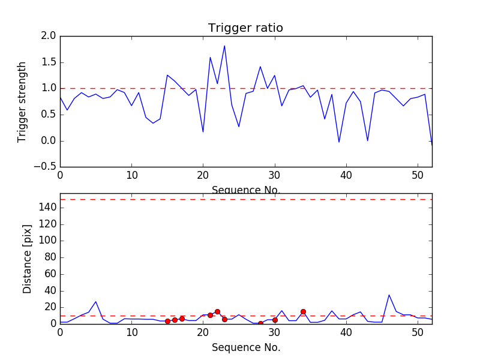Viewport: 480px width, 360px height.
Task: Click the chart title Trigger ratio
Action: tap(245, 28)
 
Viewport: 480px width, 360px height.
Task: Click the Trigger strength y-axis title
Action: tap(22, 101)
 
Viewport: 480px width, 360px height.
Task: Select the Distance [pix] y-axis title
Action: tap(27, 259)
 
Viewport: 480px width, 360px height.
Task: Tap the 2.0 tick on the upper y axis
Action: tap(49, 36)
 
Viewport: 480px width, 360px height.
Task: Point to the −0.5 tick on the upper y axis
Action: tap(46, 167)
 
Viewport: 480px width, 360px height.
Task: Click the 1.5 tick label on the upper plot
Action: tap(49, 62)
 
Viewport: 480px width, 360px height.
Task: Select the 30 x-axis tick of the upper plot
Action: tap(275, 176)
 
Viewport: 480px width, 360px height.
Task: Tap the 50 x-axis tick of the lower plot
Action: tap(418, 332)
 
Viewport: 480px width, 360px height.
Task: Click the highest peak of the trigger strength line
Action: tap(224, 46)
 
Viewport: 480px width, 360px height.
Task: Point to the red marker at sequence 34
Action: tap(303, 311)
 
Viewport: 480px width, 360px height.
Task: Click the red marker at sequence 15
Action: tap(167, 321)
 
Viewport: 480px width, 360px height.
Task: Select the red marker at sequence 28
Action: tap(260, 323)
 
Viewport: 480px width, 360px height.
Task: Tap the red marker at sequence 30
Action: tap(275, 320)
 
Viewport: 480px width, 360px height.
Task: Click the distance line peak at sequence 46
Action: tap(389, 295)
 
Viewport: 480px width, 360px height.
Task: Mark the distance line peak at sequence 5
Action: tap(96, 302)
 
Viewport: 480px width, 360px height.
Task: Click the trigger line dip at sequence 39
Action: tap(339, 142)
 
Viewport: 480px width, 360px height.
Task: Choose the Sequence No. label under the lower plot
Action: tap(245, 347)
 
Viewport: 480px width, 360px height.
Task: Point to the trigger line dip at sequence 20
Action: tap(203, 132)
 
